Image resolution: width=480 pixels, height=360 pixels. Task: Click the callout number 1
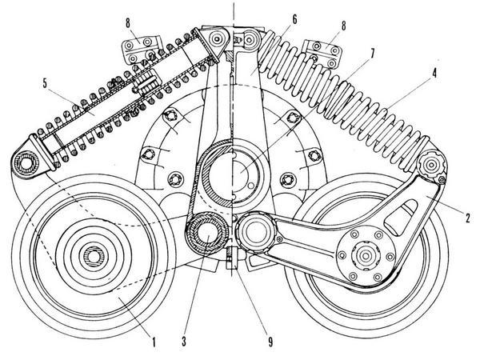[154, 341]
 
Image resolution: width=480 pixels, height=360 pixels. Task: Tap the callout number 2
[467, 218]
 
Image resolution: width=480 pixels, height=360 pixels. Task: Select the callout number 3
[184, 341]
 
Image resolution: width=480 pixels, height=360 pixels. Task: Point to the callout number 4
[434, 74]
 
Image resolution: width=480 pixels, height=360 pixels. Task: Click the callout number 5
[45, 83]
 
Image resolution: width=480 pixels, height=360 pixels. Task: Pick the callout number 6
[294, 19]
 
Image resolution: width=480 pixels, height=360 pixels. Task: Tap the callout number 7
[372, 54]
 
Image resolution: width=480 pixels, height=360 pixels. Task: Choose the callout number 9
[270, 342]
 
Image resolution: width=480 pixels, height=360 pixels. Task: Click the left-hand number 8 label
[128, 23]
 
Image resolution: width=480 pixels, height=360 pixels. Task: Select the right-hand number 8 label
[343, 26]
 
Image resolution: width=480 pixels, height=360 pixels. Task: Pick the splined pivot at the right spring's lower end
[432, 166]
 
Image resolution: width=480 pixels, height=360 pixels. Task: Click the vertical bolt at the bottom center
[232, 258]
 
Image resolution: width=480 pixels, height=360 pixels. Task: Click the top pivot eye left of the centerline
[217, 39]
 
